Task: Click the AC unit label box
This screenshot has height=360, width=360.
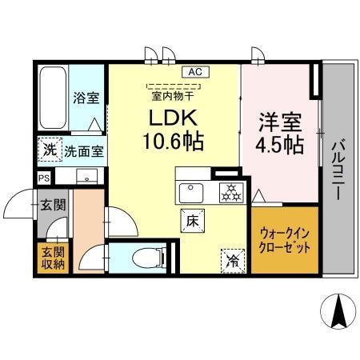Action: (x=194, y=72)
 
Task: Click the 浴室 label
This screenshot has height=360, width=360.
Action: (x=86, y=98)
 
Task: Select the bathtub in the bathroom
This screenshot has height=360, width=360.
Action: (x=53, y=100)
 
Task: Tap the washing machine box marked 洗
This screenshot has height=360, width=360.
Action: (x=50, y=150)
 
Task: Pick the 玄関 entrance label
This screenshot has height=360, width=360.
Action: (x=54, y=205)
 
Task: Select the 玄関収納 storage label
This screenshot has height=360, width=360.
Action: (x=51, y=258)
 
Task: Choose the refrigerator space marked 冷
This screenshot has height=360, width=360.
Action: (x=230, y=258)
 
